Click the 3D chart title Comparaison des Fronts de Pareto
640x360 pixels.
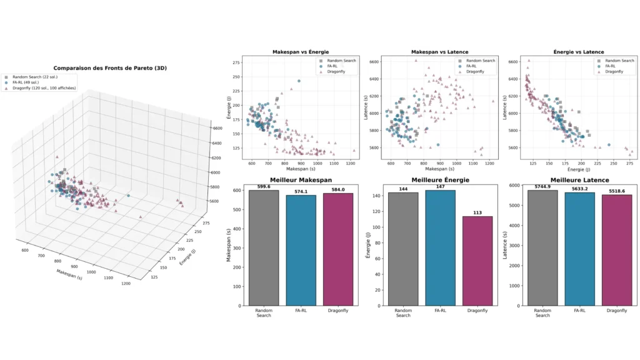click(x=110, y=67)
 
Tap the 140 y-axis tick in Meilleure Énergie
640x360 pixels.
click(x=379, y=196)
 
